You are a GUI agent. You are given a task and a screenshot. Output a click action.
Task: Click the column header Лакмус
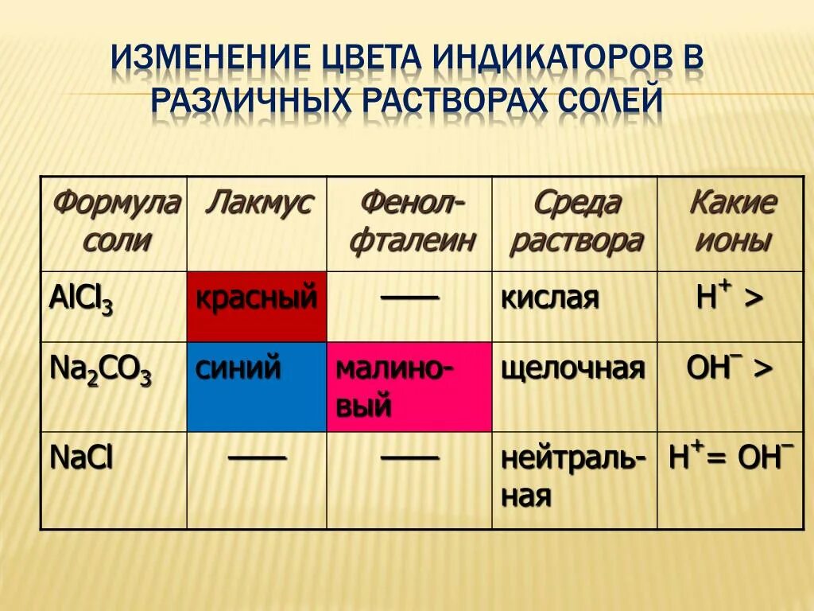(258, 204)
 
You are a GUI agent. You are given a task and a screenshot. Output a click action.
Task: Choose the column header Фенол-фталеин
(410, 222)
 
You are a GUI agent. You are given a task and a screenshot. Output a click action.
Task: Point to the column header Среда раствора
(575, 222)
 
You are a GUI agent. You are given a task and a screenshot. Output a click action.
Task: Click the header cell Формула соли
(114, 222)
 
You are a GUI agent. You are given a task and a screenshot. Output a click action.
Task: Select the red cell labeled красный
(257, 307)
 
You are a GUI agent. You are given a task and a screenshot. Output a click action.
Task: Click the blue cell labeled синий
(257, 387)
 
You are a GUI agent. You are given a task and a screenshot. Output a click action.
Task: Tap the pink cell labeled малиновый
(409, 387)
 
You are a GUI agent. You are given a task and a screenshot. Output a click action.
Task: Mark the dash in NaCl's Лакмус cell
(257, 457)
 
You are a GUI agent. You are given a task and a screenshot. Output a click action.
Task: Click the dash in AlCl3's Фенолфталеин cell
(409, 297)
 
